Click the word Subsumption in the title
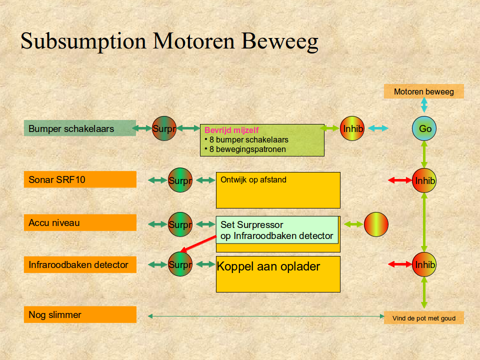(x=83, y=41)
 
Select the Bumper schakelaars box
(x=80, y=128)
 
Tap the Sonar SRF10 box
(x=80, y=179)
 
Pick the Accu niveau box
(x=80, y=222)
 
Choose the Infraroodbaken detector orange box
(x=80, y=264)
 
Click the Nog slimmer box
(x=80, y=314)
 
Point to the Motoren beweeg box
(x=423, y=91)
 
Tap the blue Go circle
(x=424, y=128)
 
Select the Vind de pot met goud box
(x=423, y=318)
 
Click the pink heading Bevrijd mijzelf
(x=231, y=130)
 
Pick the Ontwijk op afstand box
(x=278, y=190)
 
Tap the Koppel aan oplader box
(x=278, y=274)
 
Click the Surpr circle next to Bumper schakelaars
(x=164, y=128)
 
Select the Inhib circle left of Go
(x=352, y=128)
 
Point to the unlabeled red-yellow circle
(x=376, y=224)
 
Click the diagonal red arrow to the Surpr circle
(x=198, y=244)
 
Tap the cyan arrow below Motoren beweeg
(x=424, y=104)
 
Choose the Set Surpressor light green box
(x=277, y=230)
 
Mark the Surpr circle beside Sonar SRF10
(x=180, y=180)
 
